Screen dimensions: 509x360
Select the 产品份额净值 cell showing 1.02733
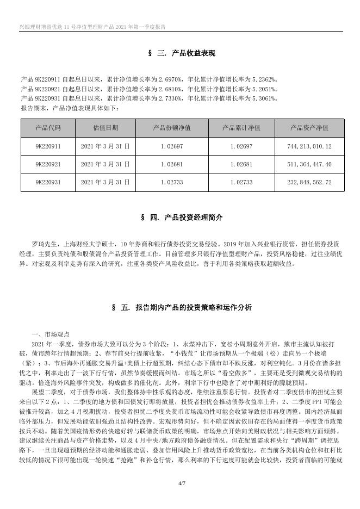172,182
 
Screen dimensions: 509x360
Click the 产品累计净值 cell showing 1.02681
241,164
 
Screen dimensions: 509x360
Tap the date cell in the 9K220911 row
106,146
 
